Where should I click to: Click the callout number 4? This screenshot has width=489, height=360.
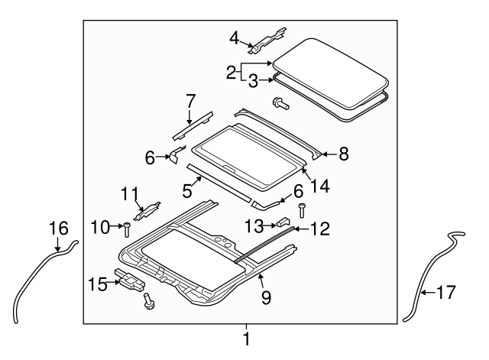pos(235,39)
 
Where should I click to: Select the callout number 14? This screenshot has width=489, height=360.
pos(319,186)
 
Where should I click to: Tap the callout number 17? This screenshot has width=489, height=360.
pos(446,293)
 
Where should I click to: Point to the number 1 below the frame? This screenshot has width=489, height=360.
pos(246,339)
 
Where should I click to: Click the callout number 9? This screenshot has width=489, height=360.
pos(266,297)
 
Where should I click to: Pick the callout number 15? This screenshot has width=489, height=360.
pos(98,284)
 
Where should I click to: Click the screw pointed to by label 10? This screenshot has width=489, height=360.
pos(128,230)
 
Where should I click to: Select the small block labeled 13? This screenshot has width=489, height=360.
pos(283,222)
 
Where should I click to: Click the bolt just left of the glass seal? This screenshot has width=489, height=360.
pos(280,104)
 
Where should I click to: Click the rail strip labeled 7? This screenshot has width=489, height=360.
pos(193,125)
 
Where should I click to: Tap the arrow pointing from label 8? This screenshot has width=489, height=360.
pos(329,154)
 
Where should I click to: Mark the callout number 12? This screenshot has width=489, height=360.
pos(319,229)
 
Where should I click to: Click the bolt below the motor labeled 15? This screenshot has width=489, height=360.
pos(147,301)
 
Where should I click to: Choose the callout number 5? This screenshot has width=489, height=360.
pos(186,191)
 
